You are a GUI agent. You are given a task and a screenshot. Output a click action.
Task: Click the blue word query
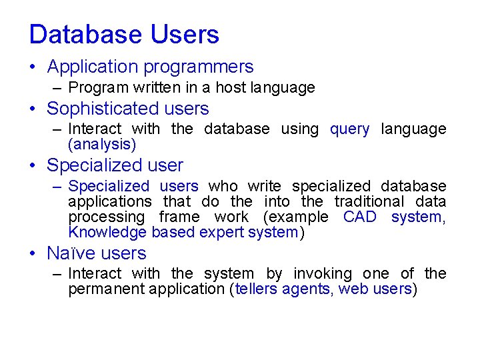pyautogui.click(x=349, y=129)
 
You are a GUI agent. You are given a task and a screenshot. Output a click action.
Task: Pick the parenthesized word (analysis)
pyautogui.click(x=102, y=145)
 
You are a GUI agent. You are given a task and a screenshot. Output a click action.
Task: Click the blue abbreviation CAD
pyautogui.click(x=360, y=217)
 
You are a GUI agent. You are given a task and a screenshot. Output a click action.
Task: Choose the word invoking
pyautogui.click(x=323, y=274)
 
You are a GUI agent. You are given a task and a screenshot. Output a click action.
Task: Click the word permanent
pyautogui.click(x=107, y=289)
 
